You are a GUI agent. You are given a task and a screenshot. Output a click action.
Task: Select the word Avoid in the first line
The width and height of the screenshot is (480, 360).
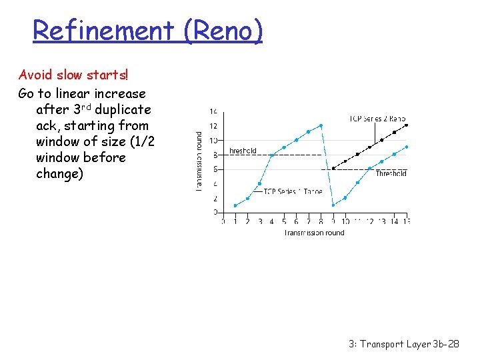[34, 74]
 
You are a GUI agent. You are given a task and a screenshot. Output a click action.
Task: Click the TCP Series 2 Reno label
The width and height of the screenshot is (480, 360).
[377, 119]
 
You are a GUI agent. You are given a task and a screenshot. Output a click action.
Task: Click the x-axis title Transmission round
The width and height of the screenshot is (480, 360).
[314, 233]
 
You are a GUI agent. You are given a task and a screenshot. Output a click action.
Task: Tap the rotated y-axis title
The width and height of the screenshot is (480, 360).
[199, 161]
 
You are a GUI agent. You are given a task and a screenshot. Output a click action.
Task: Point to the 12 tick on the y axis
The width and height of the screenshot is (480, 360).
[213, 126]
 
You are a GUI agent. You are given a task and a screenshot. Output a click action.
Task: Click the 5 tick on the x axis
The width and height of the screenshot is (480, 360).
[284, 221]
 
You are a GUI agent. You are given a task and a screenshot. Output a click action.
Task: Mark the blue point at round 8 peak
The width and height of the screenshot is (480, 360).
[321, 125]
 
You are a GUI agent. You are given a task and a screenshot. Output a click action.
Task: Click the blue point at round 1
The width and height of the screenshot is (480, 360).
[235, 205]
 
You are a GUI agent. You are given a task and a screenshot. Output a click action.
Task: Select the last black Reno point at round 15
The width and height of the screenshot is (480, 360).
[406, 125]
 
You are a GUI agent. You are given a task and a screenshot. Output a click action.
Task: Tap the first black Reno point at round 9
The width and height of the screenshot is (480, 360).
[333, 169]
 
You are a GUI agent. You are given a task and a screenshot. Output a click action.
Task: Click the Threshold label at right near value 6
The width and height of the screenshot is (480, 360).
[391, 173]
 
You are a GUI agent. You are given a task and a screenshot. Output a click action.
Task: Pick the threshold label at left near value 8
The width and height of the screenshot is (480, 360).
[243, 151]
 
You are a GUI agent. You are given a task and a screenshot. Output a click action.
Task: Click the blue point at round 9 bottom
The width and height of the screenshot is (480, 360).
[333, 205]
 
